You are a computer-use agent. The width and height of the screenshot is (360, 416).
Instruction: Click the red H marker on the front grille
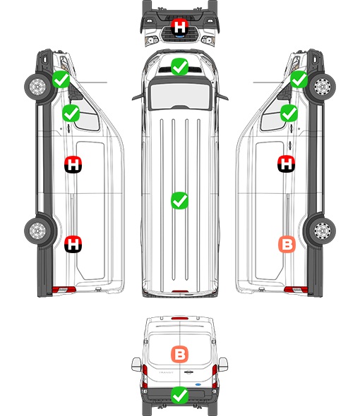click(x=179, y=27)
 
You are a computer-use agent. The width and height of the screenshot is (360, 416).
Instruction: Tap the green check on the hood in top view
click(x=179, y=66)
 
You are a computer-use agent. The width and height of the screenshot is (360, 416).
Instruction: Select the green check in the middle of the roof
click(x=179, y=200)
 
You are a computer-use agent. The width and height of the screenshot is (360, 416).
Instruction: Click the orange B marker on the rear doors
click(x=179, y=354)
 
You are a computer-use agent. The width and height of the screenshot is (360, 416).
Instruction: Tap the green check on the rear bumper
click(x=179, y=395)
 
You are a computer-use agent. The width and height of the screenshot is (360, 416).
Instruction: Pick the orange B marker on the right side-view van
click(x=287, y=244)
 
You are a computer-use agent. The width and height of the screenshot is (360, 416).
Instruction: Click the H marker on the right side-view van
click(x=287, y=164)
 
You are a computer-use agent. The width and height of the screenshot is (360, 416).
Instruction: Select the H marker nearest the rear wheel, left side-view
click(x=73, y=244)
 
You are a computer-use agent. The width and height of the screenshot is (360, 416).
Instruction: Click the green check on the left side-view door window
click(x=71, y=114)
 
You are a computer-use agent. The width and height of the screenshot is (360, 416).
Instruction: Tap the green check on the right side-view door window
click(x=289, y=114)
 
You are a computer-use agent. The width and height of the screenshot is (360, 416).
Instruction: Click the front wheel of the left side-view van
click(x=38, y=87)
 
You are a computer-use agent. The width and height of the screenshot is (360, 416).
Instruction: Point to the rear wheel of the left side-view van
click(x=38, y=231)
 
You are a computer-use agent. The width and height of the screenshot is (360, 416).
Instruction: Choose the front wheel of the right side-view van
click(x=322, y=87)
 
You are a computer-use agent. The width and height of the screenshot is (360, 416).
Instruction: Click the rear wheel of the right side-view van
click(x=322, y=231)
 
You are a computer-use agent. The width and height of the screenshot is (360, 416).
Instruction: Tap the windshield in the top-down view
click(x=180, y=96)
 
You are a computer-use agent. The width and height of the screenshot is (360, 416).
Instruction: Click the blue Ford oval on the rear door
click(x=198, y=384)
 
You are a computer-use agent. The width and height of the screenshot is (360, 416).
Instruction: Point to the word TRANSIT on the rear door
click(x=166, y=372)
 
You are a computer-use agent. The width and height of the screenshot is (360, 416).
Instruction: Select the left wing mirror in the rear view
click(x=136, y=365)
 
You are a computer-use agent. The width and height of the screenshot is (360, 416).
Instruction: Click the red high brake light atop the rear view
click(x=180, y=318)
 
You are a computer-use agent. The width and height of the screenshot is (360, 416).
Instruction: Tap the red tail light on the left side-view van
click(x=64, y=290)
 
